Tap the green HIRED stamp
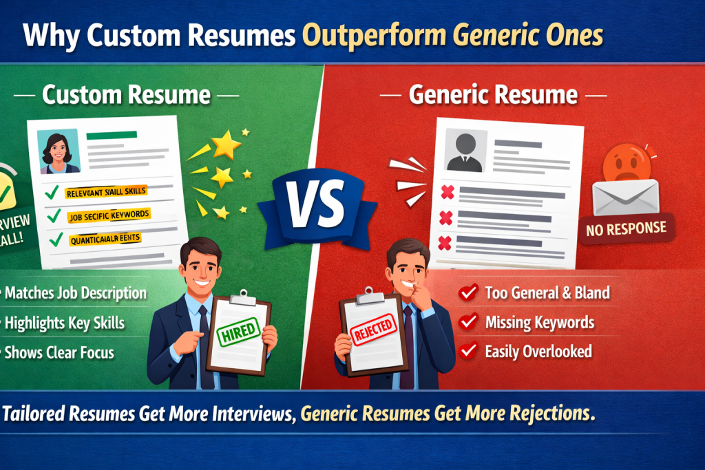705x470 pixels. coord(238,333)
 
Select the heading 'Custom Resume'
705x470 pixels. coord(125,94)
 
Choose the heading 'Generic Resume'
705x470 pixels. coord(493,94)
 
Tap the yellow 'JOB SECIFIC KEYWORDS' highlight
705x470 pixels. coord(108,214)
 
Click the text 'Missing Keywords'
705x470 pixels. coord(539,322)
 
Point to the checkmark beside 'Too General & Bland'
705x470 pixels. coord(469,292)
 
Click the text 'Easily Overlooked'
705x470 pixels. coord(538,351)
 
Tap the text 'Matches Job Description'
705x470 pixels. coord(76,293)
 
